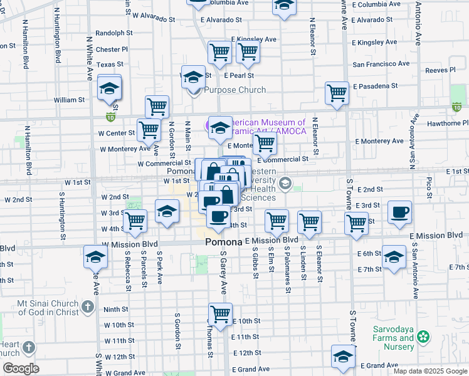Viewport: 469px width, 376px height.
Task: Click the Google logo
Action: tap(21, 368)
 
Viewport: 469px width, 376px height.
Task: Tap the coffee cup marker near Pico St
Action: tap(399, 212)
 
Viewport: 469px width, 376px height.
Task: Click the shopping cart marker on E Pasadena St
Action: tap(337, 93)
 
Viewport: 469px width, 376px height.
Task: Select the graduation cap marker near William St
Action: tap(109, 88)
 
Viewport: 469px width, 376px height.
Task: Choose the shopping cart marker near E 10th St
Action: tap(220, 313)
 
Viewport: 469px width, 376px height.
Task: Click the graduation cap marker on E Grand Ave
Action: tap(343, 356)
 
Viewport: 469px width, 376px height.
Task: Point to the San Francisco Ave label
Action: tap(384, 64)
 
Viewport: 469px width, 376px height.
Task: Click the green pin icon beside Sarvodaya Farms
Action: tap(424, 337)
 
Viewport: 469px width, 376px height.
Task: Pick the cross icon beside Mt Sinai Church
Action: tap(88, 307)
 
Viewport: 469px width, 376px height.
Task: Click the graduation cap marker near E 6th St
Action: tap(394, 257)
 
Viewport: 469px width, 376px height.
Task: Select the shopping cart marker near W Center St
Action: tap(149, 130)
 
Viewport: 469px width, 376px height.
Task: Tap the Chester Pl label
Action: tap(112, 49)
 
